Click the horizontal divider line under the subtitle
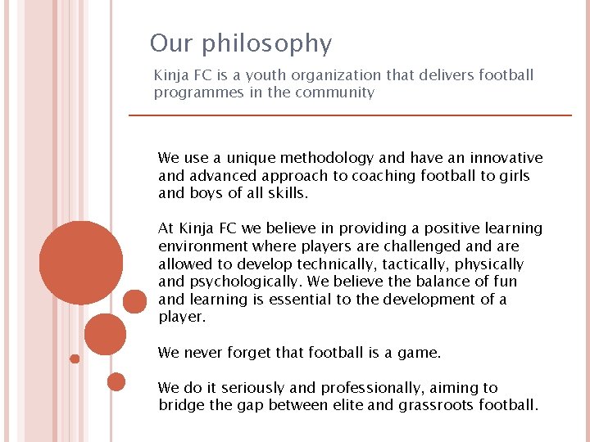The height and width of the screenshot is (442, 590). [351, 115]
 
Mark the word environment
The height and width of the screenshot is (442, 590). [203, 246]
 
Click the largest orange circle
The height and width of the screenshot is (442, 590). [81, 263]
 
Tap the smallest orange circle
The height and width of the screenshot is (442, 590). [75, 359]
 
